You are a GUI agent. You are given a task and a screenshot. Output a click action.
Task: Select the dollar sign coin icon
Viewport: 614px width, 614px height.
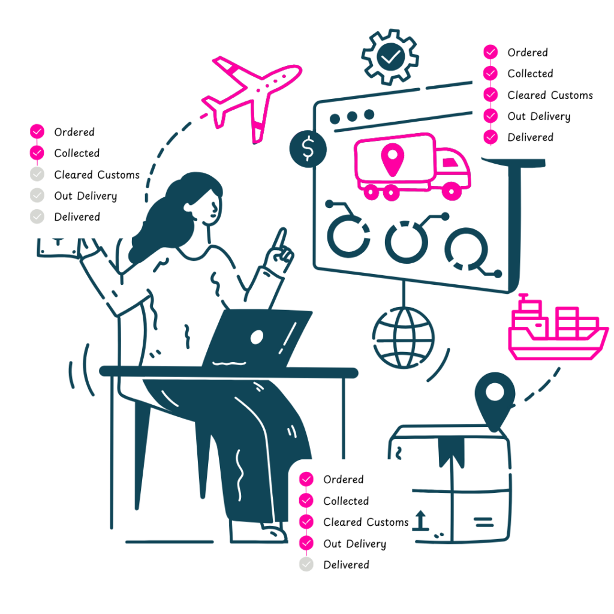pos(308,149)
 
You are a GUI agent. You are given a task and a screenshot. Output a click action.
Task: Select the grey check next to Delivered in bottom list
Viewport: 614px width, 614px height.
pos(306,564)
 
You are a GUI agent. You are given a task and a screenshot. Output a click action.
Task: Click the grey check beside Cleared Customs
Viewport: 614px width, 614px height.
pos(37,174)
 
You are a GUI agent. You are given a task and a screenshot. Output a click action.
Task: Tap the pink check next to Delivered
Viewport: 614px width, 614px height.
pos(491,137)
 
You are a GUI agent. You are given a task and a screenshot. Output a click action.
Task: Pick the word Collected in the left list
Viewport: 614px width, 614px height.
pos(77,153)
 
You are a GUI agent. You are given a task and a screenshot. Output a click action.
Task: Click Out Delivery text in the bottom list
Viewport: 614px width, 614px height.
pos(354,544)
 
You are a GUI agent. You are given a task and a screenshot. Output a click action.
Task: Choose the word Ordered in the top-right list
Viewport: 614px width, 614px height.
pos(528,53)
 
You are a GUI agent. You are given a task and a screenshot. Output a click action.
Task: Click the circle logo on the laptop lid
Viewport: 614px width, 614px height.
pos(257,337)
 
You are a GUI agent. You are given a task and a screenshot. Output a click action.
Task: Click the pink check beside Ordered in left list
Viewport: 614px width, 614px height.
pos(37,132)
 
